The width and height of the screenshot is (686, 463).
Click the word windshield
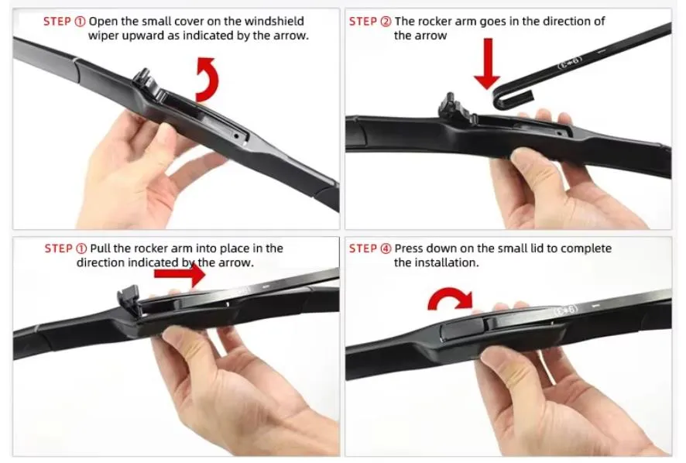pyautogui.click(x=274, y=21)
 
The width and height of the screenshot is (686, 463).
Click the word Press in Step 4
pyautogui.click(x=410, y=249)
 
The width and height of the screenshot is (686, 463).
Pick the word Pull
pyautogui.click(x=102, y=249)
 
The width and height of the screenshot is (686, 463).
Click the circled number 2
pyautogui.click(x=386, y=21)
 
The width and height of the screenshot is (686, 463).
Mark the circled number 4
pyautogui.click(x=386, y=249)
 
